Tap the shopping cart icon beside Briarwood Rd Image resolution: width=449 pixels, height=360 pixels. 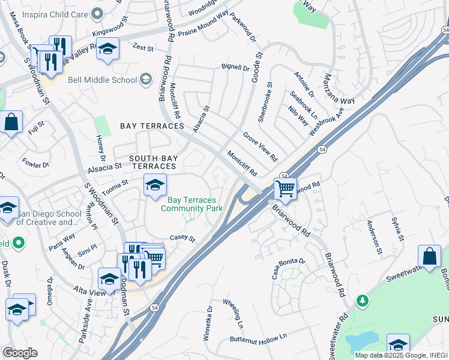coord(286,189)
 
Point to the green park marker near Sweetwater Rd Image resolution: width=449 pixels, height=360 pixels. coord(361,299)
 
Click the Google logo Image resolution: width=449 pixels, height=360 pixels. coord(20,353)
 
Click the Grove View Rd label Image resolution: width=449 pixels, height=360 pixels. coord(260,147)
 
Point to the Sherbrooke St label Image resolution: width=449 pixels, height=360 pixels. coord(265,103)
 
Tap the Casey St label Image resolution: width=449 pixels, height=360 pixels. coord(183,239)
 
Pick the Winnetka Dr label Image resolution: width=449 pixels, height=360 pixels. coord(208,324)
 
